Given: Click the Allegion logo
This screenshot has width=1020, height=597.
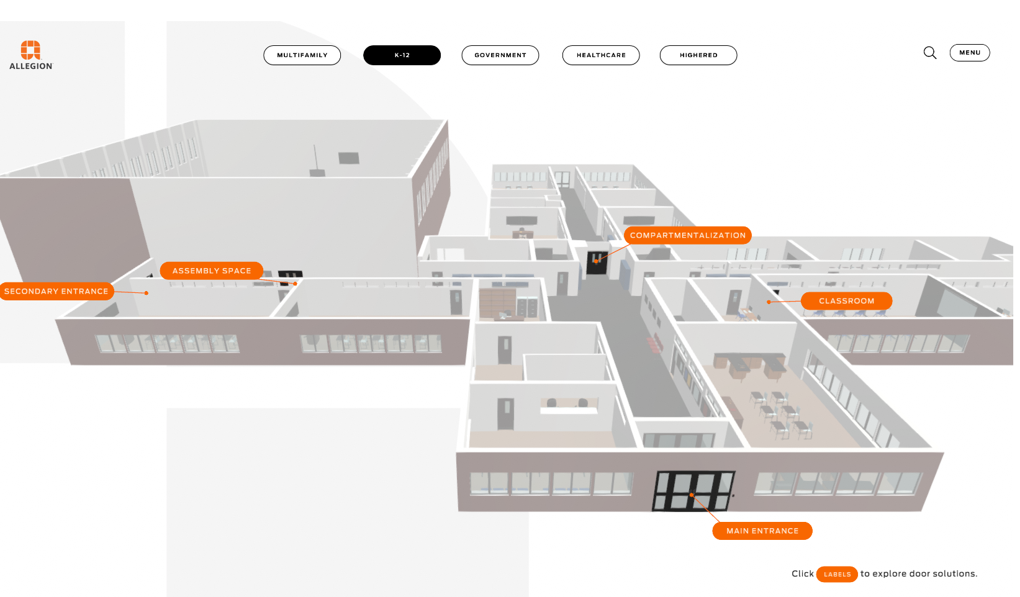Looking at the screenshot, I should pyautogui.click(x=31, y=55).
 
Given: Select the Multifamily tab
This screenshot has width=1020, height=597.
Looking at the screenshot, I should pyautogui.click(x=302, y=55).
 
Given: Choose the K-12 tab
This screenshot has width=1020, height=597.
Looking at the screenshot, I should pyautogui.click(x=402, y=55).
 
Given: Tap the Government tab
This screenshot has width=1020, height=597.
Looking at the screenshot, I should pyautogui.click(x=500, y=55).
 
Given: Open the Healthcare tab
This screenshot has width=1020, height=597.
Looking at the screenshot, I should pyautogui.click(x=601, y=55).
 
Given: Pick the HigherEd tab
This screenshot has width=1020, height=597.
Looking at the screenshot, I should pyautogui.click(x=698, y=55).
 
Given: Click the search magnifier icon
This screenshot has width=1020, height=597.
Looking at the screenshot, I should pyautogui.click(x=930, y=53).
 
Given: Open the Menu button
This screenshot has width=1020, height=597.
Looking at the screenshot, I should pyautogui.click(x=970, y=53).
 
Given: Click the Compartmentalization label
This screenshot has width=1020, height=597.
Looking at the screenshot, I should pyautogui.click(x=688, y=235).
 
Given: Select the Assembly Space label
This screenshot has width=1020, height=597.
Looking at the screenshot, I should pyautogui.click(x=212, y=271).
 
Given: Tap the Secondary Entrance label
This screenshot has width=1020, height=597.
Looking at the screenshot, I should pyautogui.click(x=56, y=291).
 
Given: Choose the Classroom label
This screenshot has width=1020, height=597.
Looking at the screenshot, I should pyautogui.click(x=846, y=301).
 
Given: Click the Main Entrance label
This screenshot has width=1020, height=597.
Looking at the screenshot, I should pyautogui.click(x=762, y=531).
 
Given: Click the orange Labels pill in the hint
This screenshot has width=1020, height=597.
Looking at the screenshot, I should pyautogui.click(x=837, y=574).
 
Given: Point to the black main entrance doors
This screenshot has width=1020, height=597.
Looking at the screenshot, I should pyautogui.click(x=693, y=491).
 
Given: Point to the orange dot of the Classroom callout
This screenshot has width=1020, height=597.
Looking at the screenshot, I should pyautogui.click(x=769, y=302).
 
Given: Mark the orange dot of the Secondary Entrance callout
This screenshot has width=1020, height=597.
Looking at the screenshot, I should pyautogui.click(x=147, y=293).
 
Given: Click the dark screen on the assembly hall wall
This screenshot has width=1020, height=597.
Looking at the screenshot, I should pyautogui.click(x=349, y=158).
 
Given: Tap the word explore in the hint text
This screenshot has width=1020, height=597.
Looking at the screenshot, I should pyautogui.click(x=889, y=574).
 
